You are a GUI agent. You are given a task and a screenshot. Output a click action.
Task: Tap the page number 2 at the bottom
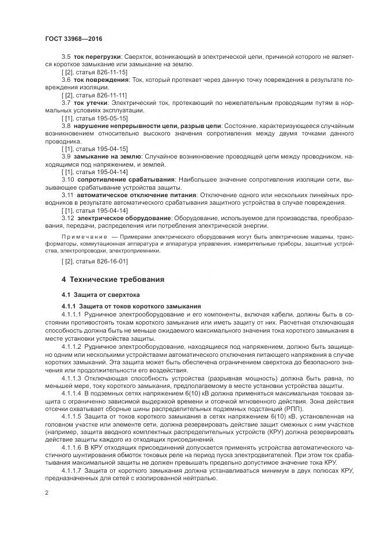[x=47, y=493]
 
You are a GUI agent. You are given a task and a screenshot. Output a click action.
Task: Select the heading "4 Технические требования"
[x=113, y=280]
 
